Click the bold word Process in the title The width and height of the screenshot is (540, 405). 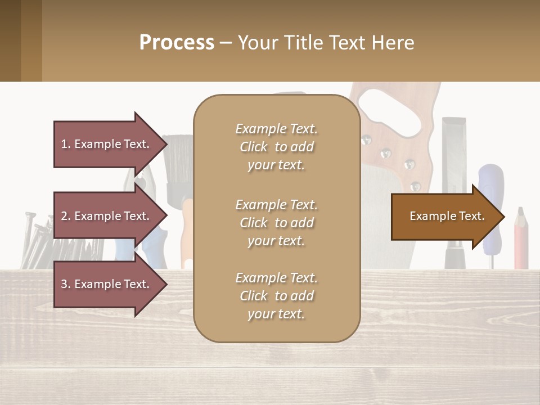point(177,42)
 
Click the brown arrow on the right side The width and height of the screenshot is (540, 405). point(447,217)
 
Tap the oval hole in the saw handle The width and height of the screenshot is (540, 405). point(390,107)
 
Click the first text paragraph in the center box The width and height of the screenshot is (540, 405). point(276,147)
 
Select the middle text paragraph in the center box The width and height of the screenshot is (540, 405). point(276,223)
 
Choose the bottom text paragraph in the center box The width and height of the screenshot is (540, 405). point(276,296)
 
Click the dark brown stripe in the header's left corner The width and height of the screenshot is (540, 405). point(10,40)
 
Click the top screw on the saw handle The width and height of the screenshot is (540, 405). point(367,139)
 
